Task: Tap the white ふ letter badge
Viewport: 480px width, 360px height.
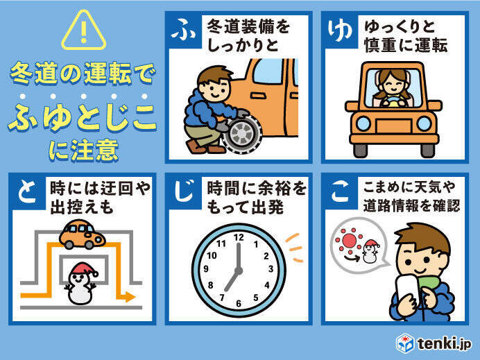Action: pyautogui.click(x=183, y=30)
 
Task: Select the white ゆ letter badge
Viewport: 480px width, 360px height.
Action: pyautogui.click(x=339, y=30)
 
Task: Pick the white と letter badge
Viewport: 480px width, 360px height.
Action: pyautogui.click(x=27, y=191)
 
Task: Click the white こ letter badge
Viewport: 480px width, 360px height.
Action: pyautogui.click(x=340, y=191)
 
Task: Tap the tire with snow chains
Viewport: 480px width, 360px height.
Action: pyautogui.click(x=242, y=134)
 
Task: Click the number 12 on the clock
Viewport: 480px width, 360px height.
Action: pyautogui.click(x=239, y=237)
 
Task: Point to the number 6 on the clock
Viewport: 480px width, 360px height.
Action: pyautogui.click(x=239, y=303)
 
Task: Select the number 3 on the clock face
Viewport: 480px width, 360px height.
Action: pyautogui.click(x=271, y=269)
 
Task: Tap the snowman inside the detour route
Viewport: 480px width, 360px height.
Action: pyautogui.click(x=81, y=284)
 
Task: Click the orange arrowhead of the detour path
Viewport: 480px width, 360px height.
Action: pyautogui.click(x=130, y=296)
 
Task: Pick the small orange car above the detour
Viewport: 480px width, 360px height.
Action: pyautogui.click(x=82, y=234)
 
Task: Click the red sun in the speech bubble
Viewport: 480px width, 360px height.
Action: pyautogui.click(x=349, y=240)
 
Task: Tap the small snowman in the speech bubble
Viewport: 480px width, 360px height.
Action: pyautogui.click(x=370, y=251)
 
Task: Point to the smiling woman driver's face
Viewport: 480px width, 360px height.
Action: pyautogui.click(x=393, y=83)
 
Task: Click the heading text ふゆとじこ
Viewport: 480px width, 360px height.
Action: pyautogui.click(x=82, y=117)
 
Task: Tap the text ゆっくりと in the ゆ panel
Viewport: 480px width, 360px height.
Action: pyautogui.click(x=400, y=26)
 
